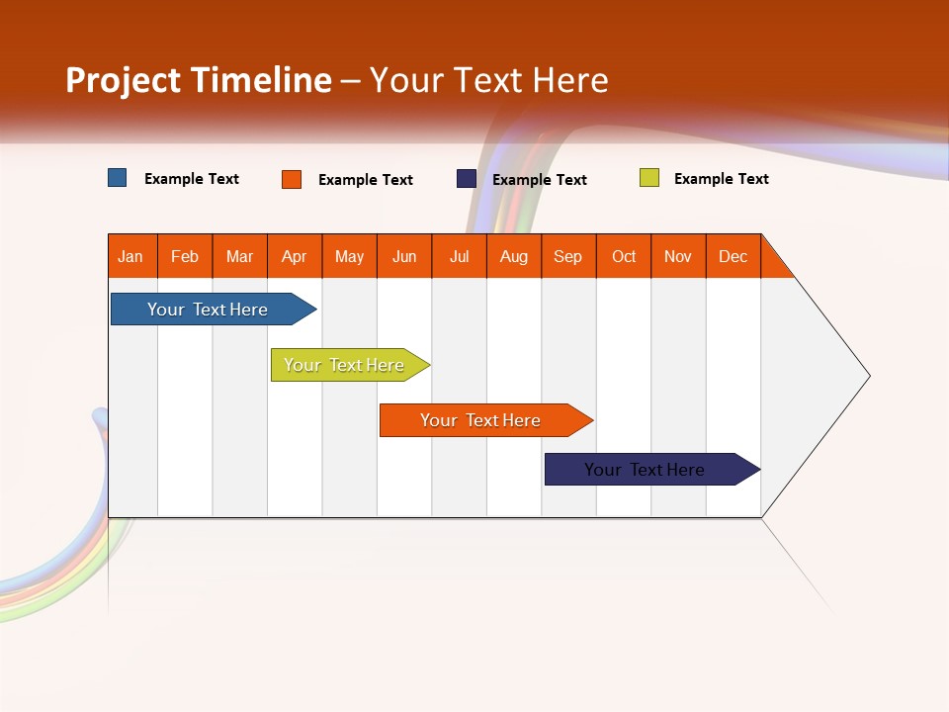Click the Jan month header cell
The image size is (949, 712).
coord(131,256)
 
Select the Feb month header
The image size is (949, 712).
coord(185,256)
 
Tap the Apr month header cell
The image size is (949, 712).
coord(295,256)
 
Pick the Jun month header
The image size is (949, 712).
coord(404,256)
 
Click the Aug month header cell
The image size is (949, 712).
coord(514,256)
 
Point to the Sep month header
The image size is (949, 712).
coord(568,256)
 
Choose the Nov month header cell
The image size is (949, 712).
coord(678,256)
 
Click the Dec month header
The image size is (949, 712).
coord(733,256)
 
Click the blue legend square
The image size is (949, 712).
coord(117,178)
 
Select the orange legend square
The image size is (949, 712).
coord(291,179)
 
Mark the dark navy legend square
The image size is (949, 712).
coord(466,179)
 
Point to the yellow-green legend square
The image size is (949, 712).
coord(648,178)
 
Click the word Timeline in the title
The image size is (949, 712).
coord(261,80)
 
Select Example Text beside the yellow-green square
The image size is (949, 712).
coord(721,179)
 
